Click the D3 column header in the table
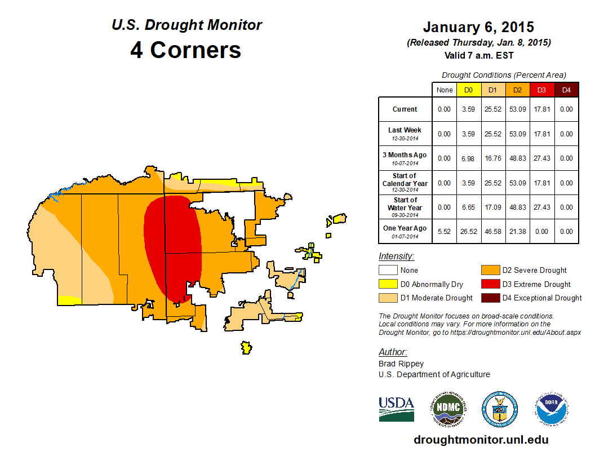pos(541,90)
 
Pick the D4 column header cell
pos(566,90)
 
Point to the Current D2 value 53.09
pos(517,109)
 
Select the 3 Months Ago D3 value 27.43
pos(541,158)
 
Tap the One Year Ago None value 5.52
pos(445,232)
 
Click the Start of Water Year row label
pos(405,207)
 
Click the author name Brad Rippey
pos(401,364)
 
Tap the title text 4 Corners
pos(186,50)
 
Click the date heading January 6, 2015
pos(478,27)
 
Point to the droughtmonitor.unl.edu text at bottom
pos(481,440)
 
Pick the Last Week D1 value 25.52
pos(492,134)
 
